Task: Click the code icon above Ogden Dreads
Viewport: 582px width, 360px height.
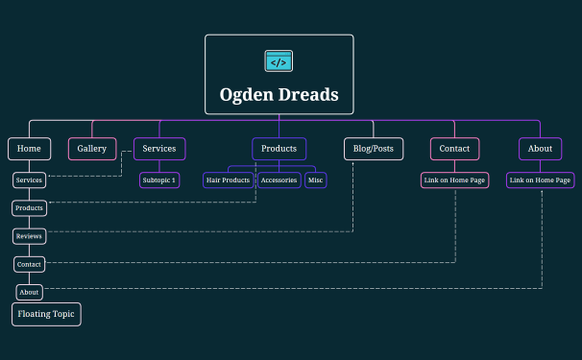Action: (x=279, y=61)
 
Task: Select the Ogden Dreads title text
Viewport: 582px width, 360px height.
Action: (x=279, y=95)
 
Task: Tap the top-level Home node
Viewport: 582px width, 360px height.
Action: (x=29, y=149)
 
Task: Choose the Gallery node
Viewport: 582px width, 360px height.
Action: (x=92, y=149)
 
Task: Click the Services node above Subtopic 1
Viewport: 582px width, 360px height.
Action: (x=159, y=149)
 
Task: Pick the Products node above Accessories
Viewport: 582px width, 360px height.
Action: (x=279, y=149)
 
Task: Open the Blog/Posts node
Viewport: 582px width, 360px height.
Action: (x=373, y=149)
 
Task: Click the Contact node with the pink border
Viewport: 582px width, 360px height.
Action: (x=454, y=149)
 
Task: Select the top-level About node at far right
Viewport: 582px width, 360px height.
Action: (x=540, y=149)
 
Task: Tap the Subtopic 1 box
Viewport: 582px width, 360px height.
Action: (x=159, y=180)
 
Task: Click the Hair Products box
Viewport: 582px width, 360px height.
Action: (x=229, y=180)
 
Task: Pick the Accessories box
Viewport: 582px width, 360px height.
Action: (x=279, y=180)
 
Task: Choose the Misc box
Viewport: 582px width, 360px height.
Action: (x=316, y=180)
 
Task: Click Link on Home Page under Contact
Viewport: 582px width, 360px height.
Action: (x=454, y=180)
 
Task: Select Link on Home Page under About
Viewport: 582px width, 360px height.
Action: (x=540, y=180)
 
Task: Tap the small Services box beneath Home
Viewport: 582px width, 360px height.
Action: (x=29, y=180)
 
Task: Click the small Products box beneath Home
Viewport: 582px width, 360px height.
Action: (x=29, y=207)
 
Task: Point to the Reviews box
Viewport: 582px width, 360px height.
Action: (x=29, y=235)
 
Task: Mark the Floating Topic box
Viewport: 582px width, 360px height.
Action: (x=46, y=314)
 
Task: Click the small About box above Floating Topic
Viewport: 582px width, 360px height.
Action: (x=29, y=292)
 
